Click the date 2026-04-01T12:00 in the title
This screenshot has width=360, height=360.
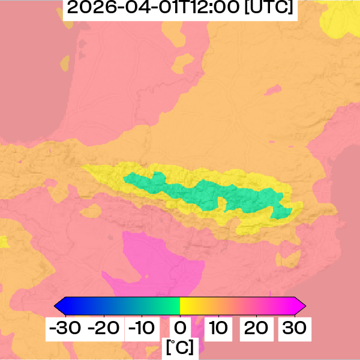154,8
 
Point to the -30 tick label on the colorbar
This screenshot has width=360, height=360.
65,328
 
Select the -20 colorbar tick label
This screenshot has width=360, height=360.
104,328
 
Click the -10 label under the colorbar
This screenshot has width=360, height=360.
142,328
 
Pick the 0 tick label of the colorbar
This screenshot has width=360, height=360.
180,328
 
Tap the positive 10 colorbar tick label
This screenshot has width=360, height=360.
218,328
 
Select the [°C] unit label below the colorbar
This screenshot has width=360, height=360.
180,347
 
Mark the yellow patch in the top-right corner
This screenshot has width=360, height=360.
342,21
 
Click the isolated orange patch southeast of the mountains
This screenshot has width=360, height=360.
288,258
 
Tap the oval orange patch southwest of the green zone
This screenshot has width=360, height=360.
91,211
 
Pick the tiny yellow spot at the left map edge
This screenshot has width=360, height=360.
3,242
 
